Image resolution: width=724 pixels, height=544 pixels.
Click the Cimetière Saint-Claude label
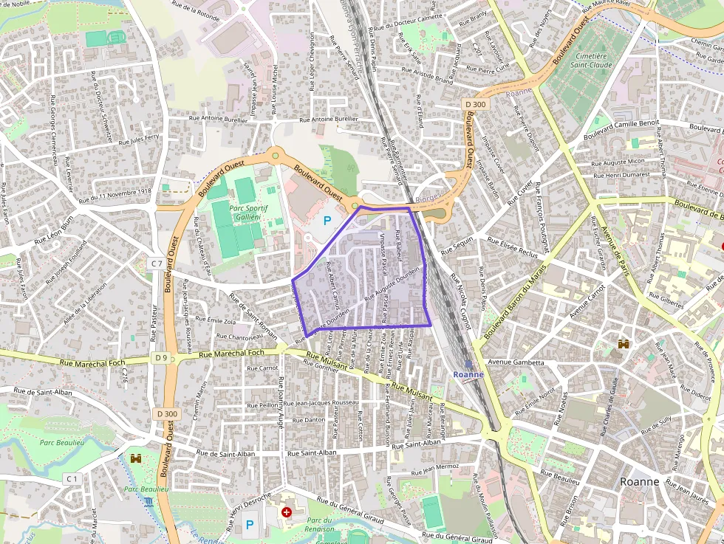pyautogui.click(x=590, y=61)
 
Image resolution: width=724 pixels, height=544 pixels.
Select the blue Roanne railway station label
pyautogui.click(x=468, y=373)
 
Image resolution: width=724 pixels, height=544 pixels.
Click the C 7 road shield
pyautogui.click(x=156, y=263)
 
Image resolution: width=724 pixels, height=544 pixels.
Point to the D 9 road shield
pyautogui.click(x=162, y=357)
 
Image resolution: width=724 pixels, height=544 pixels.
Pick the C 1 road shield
pyautogui.click(x=71, y=479)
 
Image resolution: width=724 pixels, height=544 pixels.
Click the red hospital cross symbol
pyautogui.click(x=286, y=512)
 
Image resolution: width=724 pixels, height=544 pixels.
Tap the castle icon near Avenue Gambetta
pyautogui.click(x=624, y=344)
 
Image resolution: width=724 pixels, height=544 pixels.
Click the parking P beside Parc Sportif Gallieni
pyautogui.click(x=327, y=221)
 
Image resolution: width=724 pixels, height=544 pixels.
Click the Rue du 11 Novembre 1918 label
pyautogui.click(x=115, y=195)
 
